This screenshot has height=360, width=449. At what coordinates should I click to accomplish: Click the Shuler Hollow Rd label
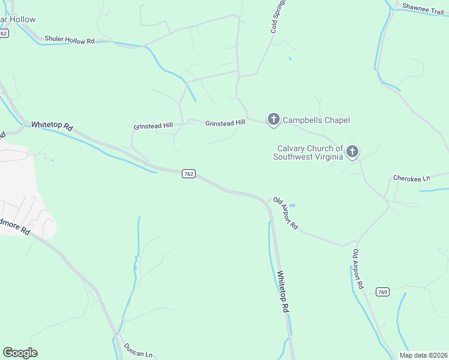point(70,41)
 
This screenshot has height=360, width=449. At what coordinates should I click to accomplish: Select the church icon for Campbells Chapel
point(274,120)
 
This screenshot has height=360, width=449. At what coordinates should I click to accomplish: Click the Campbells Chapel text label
point(316,120)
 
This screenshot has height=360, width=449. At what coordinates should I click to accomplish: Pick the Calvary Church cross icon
point(352,152)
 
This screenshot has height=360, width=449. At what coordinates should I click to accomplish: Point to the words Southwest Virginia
point(307,157)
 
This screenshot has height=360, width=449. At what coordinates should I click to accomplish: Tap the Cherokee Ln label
point(412,178)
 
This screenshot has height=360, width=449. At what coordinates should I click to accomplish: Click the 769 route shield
point(383,292)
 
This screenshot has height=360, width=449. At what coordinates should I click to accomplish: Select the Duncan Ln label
point(139,350)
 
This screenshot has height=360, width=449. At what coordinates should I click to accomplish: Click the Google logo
point(20,353)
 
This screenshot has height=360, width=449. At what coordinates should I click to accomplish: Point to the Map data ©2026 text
point(423,355)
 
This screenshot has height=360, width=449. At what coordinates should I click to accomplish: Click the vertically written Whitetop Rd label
point(283,292)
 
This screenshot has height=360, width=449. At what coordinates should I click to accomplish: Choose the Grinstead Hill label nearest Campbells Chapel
point(225,123)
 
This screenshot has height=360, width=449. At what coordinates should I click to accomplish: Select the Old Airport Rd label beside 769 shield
point(358,269)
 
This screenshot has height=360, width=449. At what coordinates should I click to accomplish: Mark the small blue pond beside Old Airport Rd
point(292,206)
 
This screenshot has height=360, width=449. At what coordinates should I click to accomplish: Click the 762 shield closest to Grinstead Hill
point(188,173)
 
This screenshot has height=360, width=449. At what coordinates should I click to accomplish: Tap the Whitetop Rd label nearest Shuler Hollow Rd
point(52,126)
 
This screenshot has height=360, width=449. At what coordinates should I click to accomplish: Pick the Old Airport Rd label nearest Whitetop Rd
point(286,213)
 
